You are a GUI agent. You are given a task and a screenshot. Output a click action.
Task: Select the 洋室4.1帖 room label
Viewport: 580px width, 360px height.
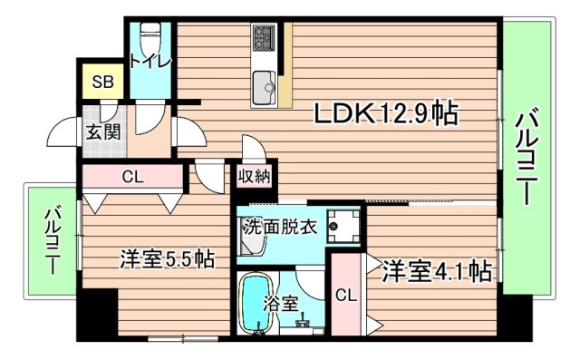point(436,271)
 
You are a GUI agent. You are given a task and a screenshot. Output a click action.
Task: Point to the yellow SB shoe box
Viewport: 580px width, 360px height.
point(102,82)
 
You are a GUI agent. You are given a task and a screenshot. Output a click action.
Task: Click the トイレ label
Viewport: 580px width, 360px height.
point(147,62)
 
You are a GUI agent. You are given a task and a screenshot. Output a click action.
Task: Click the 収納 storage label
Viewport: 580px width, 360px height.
point(255,177)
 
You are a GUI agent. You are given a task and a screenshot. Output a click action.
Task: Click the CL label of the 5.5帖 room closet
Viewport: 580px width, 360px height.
point(133,176)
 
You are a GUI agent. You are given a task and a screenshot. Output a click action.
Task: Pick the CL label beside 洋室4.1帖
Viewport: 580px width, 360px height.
point(345,295)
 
